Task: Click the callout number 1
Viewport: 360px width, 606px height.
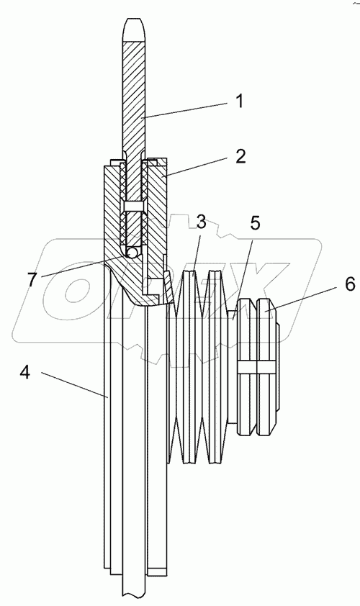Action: [x=239, y=101]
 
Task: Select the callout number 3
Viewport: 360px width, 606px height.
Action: [x=201, y=223]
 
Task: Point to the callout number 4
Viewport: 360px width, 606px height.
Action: [x=25, y=373]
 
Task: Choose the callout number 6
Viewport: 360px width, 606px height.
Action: [x=349, y=285]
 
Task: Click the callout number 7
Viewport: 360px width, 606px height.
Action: [x=33, y=280]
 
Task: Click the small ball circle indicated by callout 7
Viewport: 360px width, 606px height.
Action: [x=132, y=253]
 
